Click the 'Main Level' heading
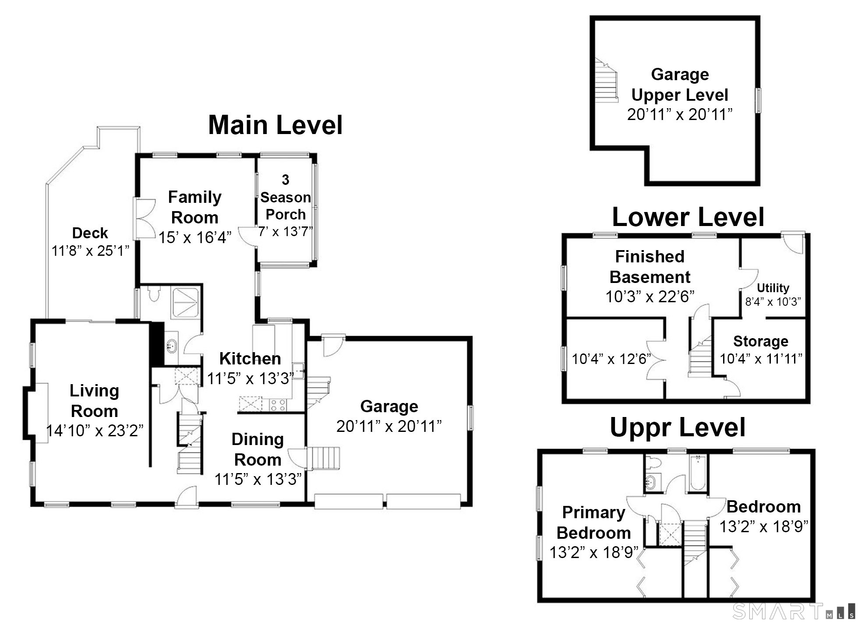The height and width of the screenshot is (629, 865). (x=275, y=125)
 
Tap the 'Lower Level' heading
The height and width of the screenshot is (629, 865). (x=688, y=217)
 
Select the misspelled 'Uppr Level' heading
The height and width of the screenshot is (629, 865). (x=678, y=428)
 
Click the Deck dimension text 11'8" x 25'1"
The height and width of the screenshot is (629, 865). (x=91, y=251)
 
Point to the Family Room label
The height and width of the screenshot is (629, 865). (x=194, y=207)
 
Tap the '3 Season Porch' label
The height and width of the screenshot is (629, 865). (x=286, y=197)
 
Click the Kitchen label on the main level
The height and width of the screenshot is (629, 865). (x=250, y=359)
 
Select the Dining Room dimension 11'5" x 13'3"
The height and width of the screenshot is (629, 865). (x=258, y=479)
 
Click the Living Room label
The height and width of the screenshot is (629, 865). (x=94, y=401)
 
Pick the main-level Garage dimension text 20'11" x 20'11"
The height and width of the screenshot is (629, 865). (x=389, y=426)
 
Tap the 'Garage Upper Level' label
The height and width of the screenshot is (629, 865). (x=680, y=85)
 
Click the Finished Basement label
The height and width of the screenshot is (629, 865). (x=650, y=267)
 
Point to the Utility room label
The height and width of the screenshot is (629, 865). (x=773, y=288)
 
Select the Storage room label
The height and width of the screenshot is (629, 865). (x=761, y=341)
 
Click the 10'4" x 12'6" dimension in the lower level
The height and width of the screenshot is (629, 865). (x=611, y=359)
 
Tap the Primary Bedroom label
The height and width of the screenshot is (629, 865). (x=593, y=523)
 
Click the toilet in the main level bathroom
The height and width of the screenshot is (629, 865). (x=153, y=294)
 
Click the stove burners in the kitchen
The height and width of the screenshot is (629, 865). (x=277, y=405)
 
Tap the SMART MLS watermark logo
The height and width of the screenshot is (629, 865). (x=794, y=611)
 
